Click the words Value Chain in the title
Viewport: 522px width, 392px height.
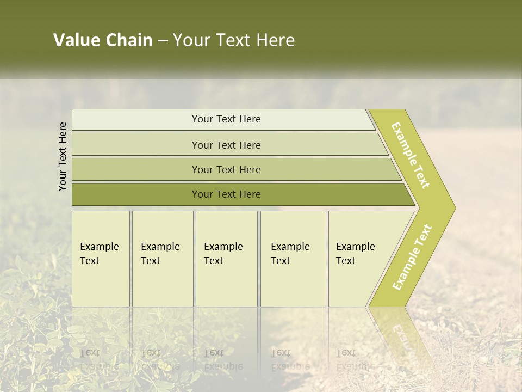[x=103, y=40]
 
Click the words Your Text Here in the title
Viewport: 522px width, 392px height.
[x=234, y=40]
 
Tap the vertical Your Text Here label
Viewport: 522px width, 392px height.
[x=63, y=156]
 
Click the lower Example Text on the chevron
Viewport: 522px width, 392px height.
[x=412, y=257]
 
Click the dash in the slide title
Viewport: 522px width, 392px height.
[x=163, y=40]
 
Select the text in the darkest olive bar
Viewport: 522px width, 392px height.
[x=226, y=194]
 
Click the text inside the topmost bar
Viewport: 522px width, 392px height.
[x=226, y=119]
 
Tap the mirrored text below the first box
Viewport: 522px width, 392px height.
[x=99, y=359]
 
